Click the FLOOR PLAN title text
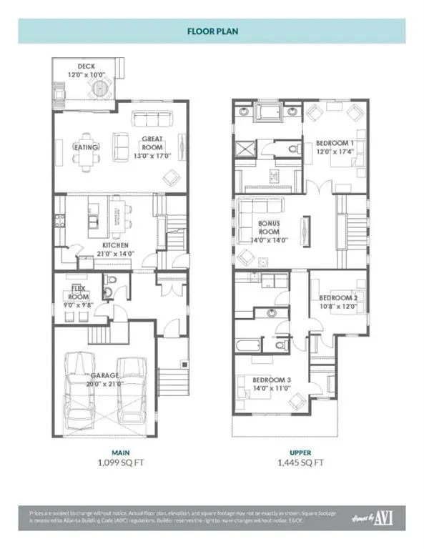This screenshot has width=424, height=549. [212, 32]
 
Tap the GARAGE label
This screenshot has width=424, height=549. [105, 375]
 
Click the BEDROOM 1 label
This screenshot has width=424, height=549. [336, 144]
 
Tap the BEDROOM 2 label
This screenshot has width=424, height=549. [337, 298]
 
